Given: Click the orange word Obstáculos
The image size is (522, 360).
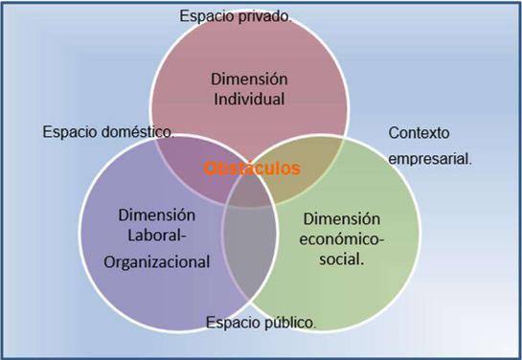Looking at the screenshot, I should coord(252,169).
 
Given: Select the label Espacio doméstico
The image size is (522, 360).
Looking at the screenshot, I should coord(109,132).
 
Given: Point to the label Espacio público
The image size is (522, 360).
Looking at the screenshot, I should coord(261,322).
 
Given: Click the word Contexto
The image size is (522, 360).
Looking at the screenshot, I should coord(419,132).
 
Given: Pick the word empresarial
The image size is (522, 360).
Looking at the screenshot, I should coord(430,160).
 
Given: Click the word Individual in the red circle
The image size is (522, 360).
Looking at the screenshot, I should coord(250,98).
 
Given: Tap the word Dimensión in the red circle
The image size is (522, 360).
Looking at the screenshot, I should coord(250,78).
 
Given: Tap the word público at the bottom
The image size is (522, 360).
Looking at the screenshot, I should coord(290,322).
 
